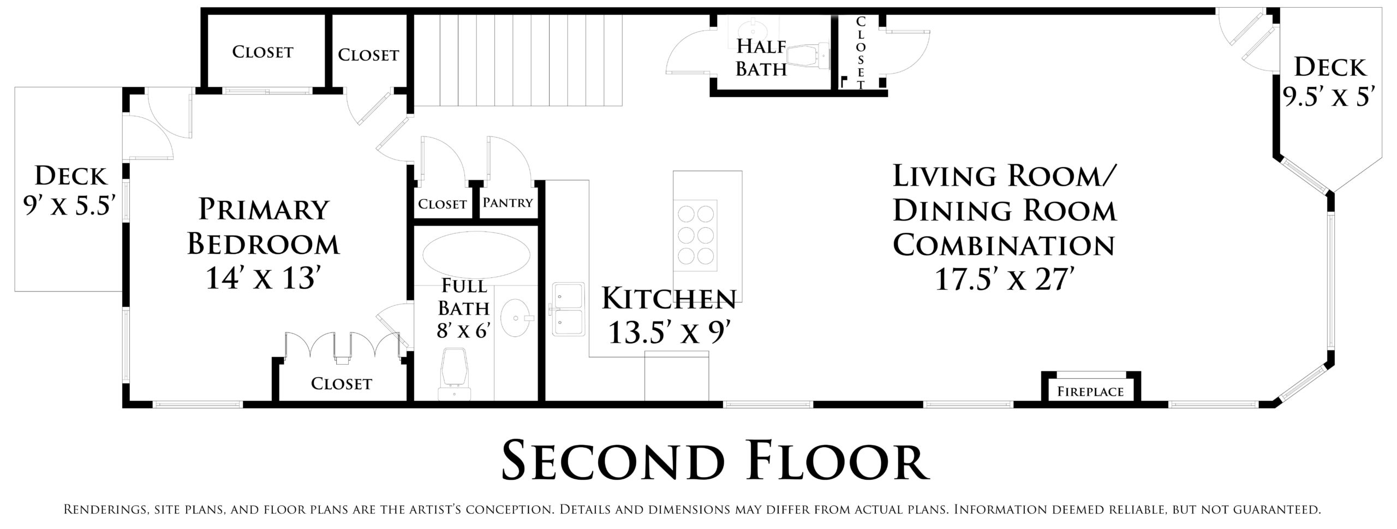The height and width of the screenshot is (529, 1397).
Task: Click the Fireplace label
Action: (x=1090, y=391)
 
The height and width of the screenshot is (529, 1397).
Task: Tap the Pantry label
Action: (x=508, y=203)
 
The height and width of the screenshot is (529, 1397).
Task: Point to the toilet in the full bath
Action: (x=454, y=375)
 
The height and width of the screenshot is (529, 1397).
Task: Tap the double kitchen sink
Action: (x=568, y=308)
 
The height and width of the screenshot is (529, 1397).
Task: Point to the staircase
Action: (x=517, y=60)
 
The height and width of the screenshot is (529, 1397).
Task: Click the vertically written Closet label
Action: (x=861, y=53)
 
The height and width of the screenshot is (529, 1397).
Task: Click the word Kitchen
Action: (x=669, y=299)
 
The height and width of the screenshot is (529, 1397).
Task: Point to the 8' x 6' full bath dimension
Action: (x=463, y=330)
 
